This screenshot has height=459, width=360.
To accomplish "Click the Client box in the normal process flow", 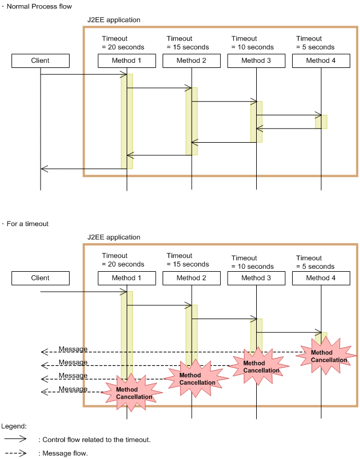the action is coord(41,61).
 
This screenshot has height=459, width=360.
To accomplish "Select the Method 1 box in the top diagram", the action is coord(127,61).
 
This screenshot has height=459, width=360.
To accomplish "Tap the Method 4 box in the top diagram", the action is coord(321,61).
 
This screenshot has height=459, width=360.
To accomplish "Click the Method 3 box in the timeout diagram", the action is coord(256,278).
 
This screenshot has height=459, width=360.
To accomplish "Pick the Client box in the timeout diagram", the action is coord(41,278).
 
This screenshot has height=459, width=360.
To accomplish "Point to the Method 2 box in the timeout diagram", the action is coord(192,278).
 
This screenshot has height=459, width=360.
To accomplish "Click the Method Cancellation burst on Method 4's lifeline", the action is coord(326,356).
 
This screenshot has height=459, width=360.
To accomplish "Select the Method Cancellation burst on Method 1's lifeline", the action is coord(132,393).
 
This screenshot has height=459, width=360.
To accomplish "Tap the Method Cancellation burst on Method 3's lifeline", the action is coord(259,366).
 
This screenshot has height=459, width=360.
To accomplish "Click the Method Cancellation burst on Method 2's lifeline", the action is coord(196,379).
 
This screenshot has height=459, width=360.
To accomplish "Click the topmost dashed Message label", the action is coord(73,349).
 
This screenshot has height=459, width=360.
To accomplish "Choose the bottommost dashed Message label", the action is coord(73,389).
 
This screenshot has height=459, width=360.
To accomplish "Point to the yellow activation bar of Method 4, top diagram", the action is coord(321,122).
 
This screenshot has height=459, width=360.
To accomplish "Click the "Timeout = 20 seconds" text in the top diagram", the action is coord(123,43).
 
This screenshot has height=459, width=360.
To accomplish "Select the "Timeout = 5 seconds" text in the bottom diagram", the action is coord(315,262).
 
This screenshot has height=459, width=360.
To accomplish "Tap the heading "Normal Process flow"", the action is coord(39,6).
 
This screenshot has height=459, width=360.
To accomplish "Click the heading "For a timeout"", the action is coord(27,224).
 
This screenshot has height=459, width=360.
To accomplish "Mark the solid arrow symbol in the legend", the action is coord(15,439).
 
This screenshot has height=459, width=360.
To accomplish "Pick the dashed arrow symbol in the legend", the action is coord(15,453).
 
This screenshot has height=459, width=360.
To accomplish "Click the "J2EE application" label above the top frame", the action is coord(114,20).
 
